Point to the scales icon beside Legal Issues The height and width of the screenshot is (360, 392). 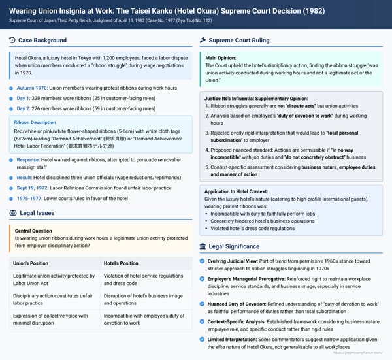[x=13, y=212]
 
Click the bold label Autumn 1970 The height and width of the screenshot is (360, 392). [x=32, y=88]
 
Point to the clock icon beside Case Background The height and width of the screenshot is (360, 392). [x=13, y=41]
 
